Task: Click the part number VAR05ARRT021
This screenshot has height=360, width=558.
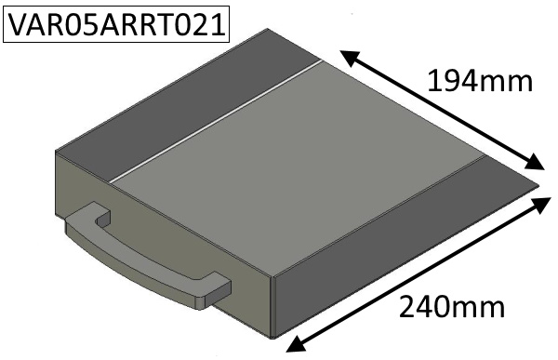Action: [116, 24]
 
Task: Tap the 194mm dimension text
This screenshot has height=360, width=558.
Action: [480, 82]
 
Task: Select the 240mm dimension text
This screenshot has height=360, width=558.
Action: [452, 307]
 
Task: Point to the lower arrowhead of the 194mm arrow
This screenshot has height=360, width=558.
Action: [535, 162]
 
